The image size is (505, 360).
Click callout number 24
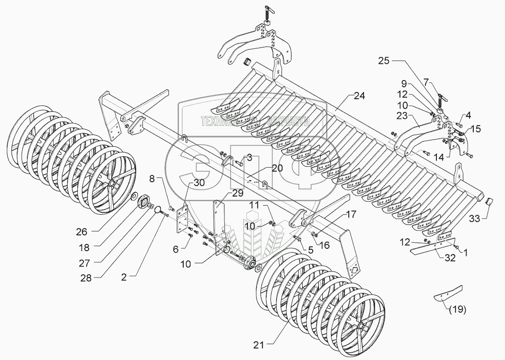coord(359,95)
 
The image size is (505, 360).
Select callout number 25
coord(384,61)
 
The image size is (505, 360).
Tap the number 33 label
coord(474,219)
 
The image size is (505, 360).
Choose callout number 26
coord(82,232)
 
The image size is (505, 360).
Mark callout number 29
coord(238,193)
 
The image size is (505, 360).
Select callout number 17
coord(363,214)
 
